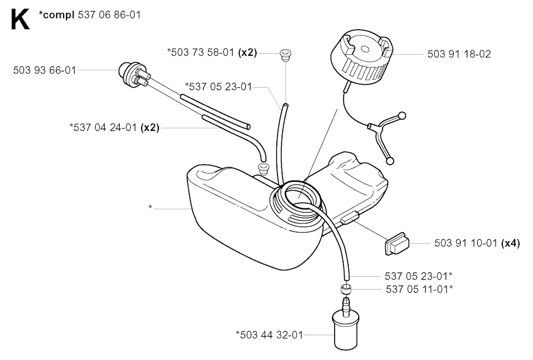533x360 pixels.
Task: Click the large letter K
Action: (20, 19)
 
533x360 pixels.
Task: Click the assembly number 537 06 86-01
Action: (109, 15)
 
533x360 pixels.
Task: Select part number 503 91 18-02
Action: (459, 54)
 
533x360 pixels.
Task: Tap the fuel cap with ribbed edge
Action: (362, 54)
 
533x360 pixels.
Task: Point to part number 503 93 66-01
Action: (45, 70)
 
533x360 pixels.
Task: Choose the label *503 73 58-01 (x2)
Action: (212, 53)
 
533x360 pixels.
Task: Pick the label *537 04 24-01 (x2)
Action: (114, 128)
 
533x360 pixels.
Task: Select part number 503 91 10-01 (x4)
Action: (477, 243)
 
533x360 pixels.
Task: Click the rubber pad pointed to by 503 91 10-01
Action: (397, 244)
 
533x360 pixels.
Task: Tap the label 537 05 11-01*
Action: (420, 289)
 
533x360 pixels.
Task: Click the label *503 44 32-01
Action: (269, 335)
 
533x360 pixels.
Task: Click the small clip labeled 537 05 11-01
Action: (346, 289)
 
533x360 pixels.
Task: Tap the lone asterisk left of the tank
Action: (150, 207)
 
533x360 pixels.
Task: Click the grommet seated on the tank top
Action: (263, 167)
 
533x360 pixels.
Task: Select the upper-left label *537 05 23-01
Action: (218, 87)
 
